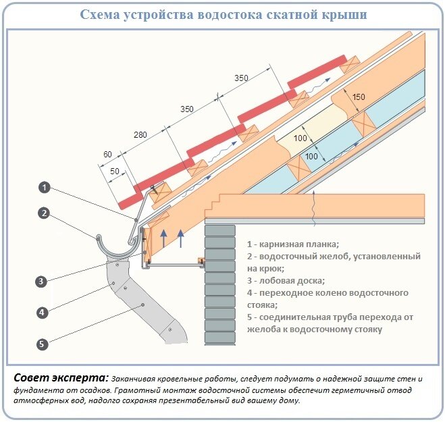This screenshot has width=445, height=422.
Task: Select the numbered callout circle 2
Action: [x=44, y=213]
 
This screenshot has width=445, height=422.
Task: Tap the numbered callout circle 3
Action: [x=41, y=281]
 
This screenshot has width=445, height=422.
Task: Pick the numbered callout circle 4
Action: [x=41, y=313]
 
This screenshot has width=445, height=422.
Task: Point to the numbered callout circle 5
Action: [x=41, y=344]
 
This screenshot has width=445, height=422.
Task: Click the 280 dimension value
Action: [x=140, y=136]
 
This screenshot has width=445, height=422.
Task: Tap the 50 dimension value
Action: [x=115, y=172]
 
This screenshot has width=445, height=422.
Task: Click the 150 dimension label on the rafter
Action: [x=358, y=97]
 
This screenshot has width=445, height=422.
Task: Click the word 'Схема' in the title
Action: [x=102, y=16]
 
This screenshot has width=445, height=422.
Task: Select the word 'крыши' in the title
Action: [x=344, y=16]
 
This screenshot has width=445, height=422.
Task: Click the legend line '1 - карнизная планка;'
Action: [x=292, y=244]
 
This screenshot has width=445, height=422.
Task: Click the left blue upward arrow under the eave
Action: [x=163, y=237]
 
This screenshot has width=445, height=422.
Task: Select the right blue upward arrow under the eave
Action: [x=180, y=237]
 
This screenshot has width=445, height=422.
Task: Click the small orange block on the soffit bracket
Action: [x=201, y=261]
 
